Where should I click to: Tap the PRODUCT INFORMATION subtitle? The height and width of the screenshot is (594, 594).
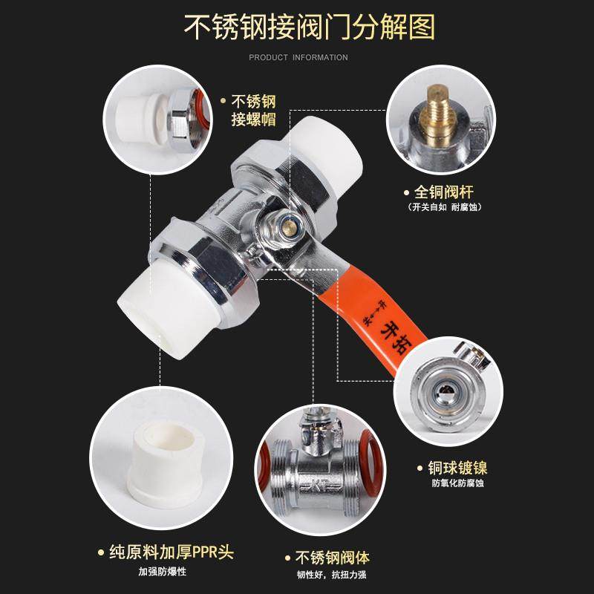point(297,57)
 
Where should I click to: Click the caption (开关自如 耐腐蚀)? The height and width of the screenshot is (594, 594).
point(444,207)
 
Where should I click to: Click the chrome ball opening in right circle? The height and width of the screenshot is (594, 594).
point(446,386)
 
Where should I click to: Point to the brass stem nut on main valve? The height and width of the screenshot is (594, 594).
point(284,221)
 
